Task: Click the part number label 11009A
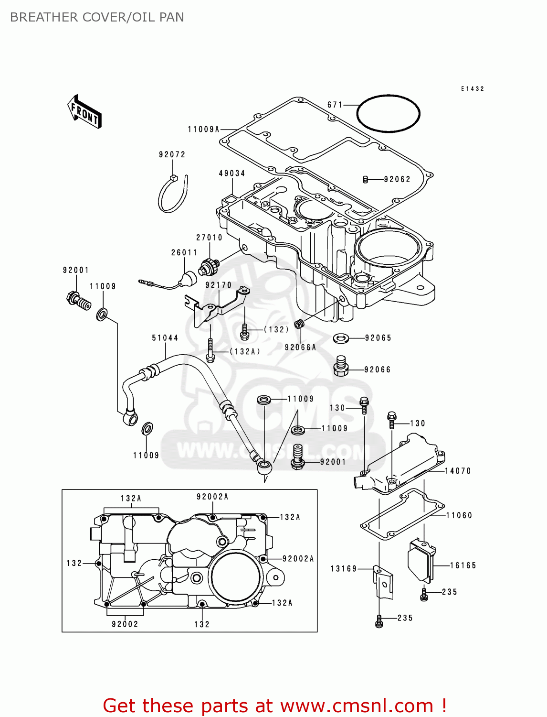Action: point(203,130)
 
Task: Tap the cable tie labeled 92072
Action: point(172,195)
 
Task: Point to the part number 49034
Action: point(232,174)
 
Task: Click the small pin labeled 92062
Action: point(366,180)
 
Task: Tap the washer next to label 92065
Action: point(341,338)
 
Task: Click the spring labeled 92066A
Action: point(299,325)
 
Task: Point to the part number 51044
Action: point(165,338)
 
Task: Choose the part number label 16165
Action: point(463,565)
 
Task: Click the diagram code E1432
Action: point(472,89)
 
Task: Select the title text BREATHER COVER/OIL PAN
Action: point(97,17)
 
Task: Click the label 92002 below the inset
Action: point(125,624)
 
